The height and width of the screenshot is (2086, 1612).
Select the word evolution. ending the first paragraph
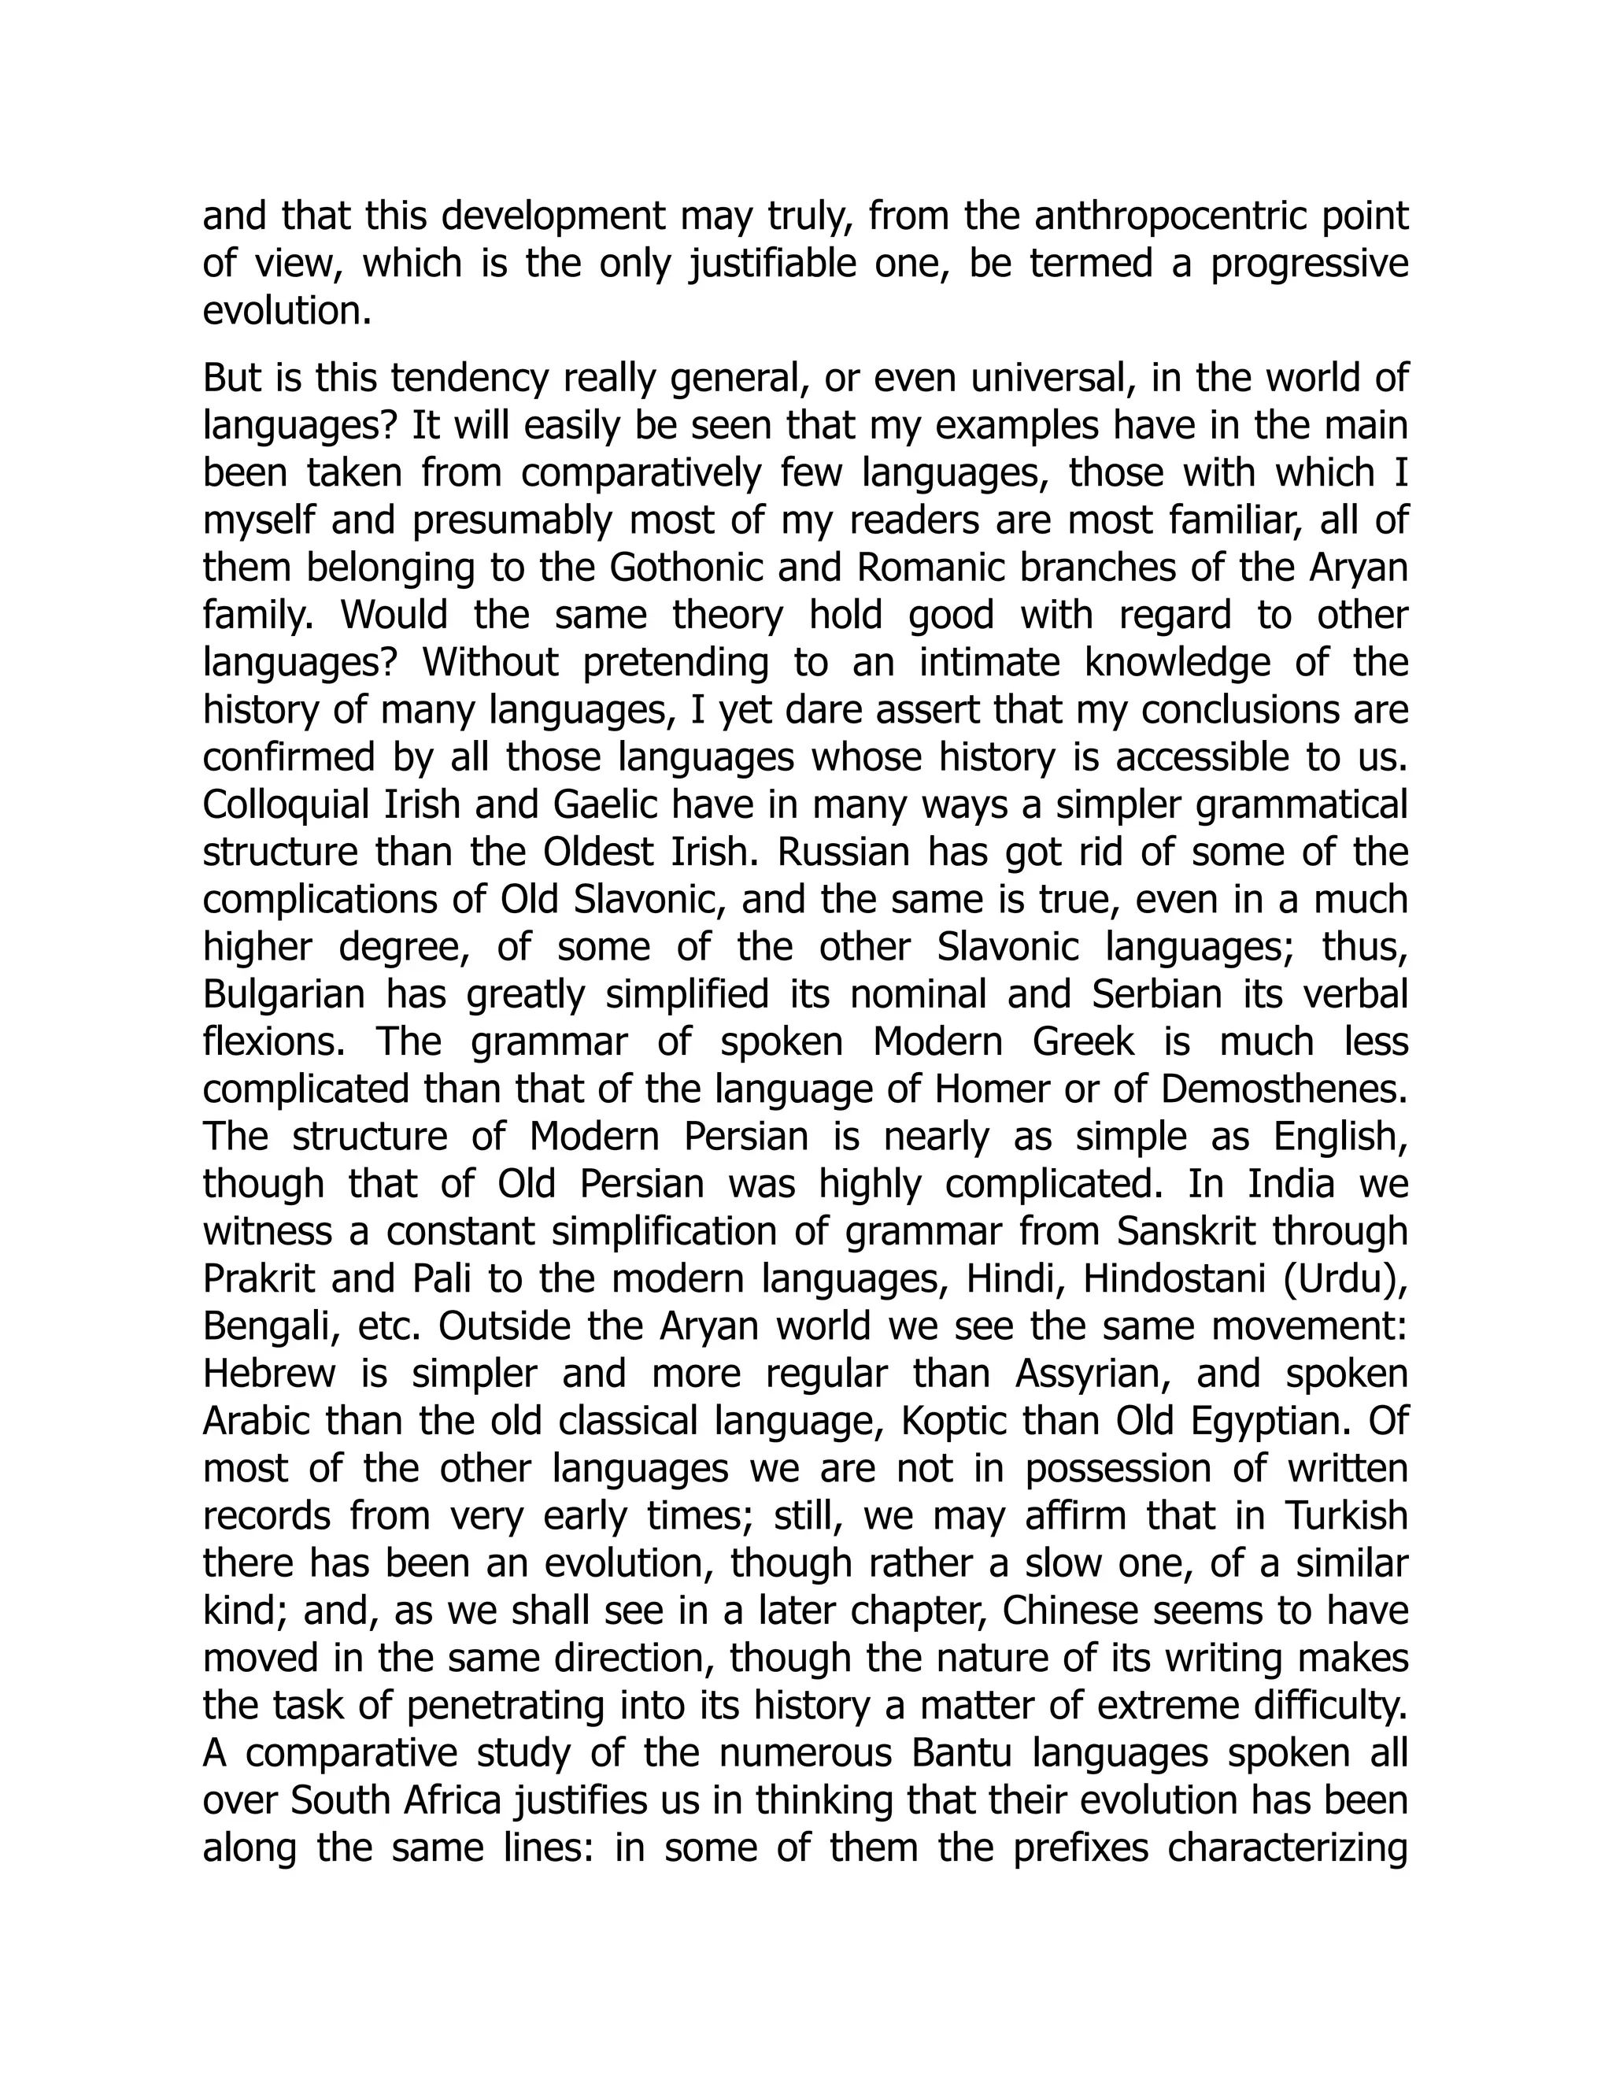(287, 312)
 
